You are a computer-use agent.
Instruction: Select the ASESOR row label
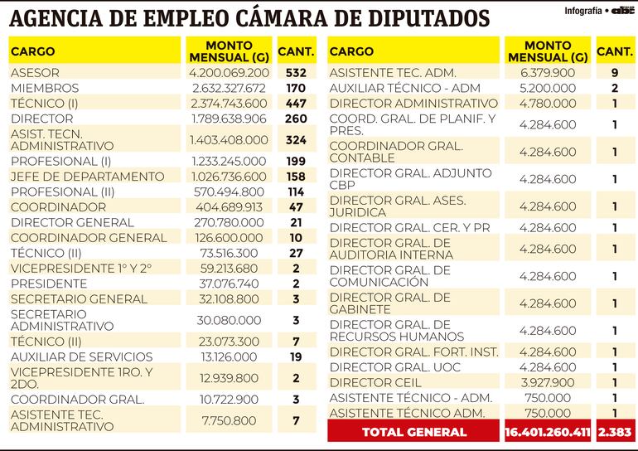click(35, 73)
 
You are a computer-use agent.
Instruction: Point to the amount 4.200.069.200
click(229, 73)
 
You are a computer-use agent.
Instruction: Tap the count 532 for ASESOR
click(296, 73)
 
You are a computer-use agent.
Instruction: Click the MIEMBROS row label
click(45, 88)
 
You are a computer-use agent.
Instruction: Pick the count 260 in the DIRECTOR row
click(296, 119)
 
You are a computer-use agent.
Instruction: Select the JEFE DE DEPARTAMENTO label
click(87, 177)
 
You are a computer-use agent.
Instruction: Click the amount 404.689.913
click(229, 207)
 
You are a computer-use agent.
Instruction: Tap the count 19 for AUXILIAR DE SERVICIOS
click(296, 357)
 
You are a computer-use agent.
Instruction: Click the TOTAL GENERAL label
click(414, 432)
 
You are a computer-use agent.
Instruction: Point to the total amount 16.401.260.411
click(548, 432)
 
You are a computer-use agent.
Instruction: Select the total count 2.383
click(615, 432)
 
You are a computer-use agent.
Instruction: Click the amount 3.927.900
click(547, 382)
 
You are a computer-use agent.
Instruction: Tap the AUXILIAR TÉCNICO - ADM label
click(404, 88)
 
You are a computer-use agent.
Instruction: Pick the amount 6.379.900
click(547, 73)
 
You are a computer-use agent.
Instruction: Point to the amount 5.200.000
click(547, 88)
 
